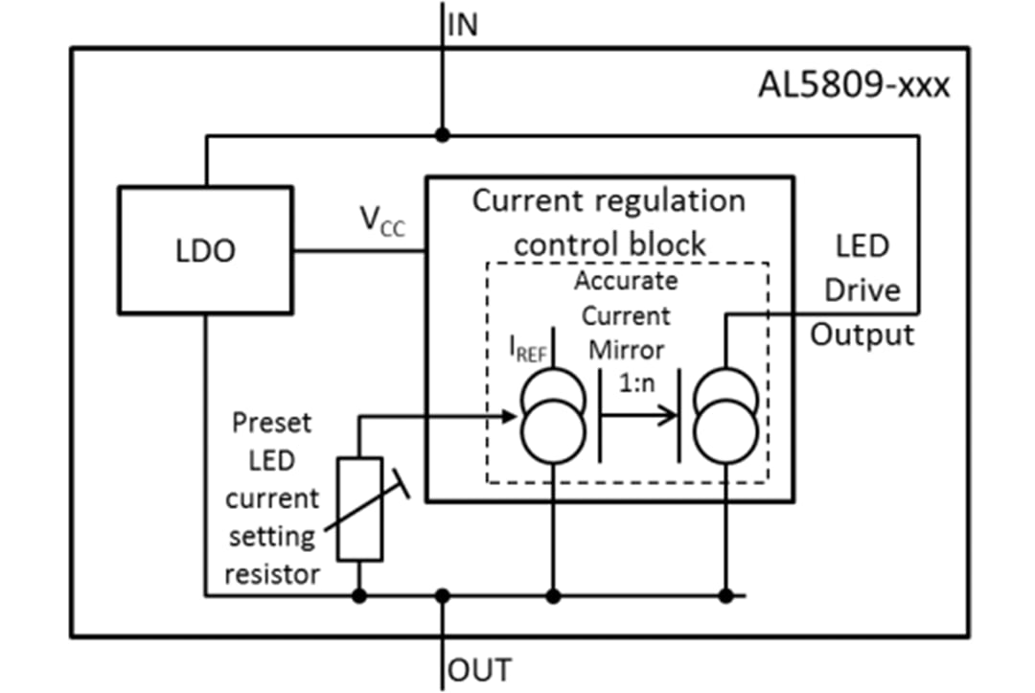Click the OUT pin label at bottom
(x=478, y=668)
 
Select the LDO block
(x=205, y=250)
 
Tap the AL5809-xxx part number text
(x=854, y=85)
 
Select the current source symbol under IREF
(x=551, y=420)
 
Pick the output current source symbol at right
(x=726, y=420)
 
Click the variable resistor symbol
(x=359, y=508)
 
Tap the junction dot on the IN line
(x=442, y=134)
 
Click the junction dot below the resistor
(x=359, y=596)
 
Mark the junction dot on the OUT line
(x=442, y=596)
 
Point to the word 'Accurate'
(x=626, y=282)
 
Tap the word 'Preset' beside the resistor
(x=271, y=422)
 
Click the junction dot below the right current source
(x=726, y=596)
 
